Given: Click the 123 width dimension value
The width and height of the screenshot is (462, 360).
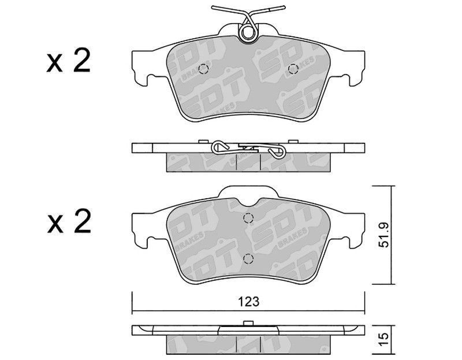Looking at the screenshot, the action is pos(249,302).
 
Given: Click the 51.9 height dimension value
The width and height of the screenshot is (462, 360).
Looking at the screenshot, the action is pos(383,235).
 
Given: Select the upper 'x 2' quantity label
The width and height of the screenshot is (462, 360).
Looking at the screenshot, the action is pos(68,62).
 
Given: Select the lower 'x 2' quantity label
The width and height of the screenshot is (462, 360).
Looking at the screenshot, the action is pos(69,222).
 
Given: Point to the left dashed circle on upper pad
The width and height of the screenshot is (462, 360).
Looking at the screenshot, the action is pos(204,69).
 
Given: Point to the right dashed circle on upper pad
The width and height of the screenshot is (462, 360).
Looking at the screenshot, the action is pos(293,69).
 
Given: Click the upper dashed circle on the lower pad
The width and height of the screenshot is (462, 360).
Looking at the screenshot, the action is pos(248,218).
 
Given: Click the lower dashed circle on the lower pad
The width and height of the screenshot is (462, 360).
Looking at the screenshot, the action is pos(248,258).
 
